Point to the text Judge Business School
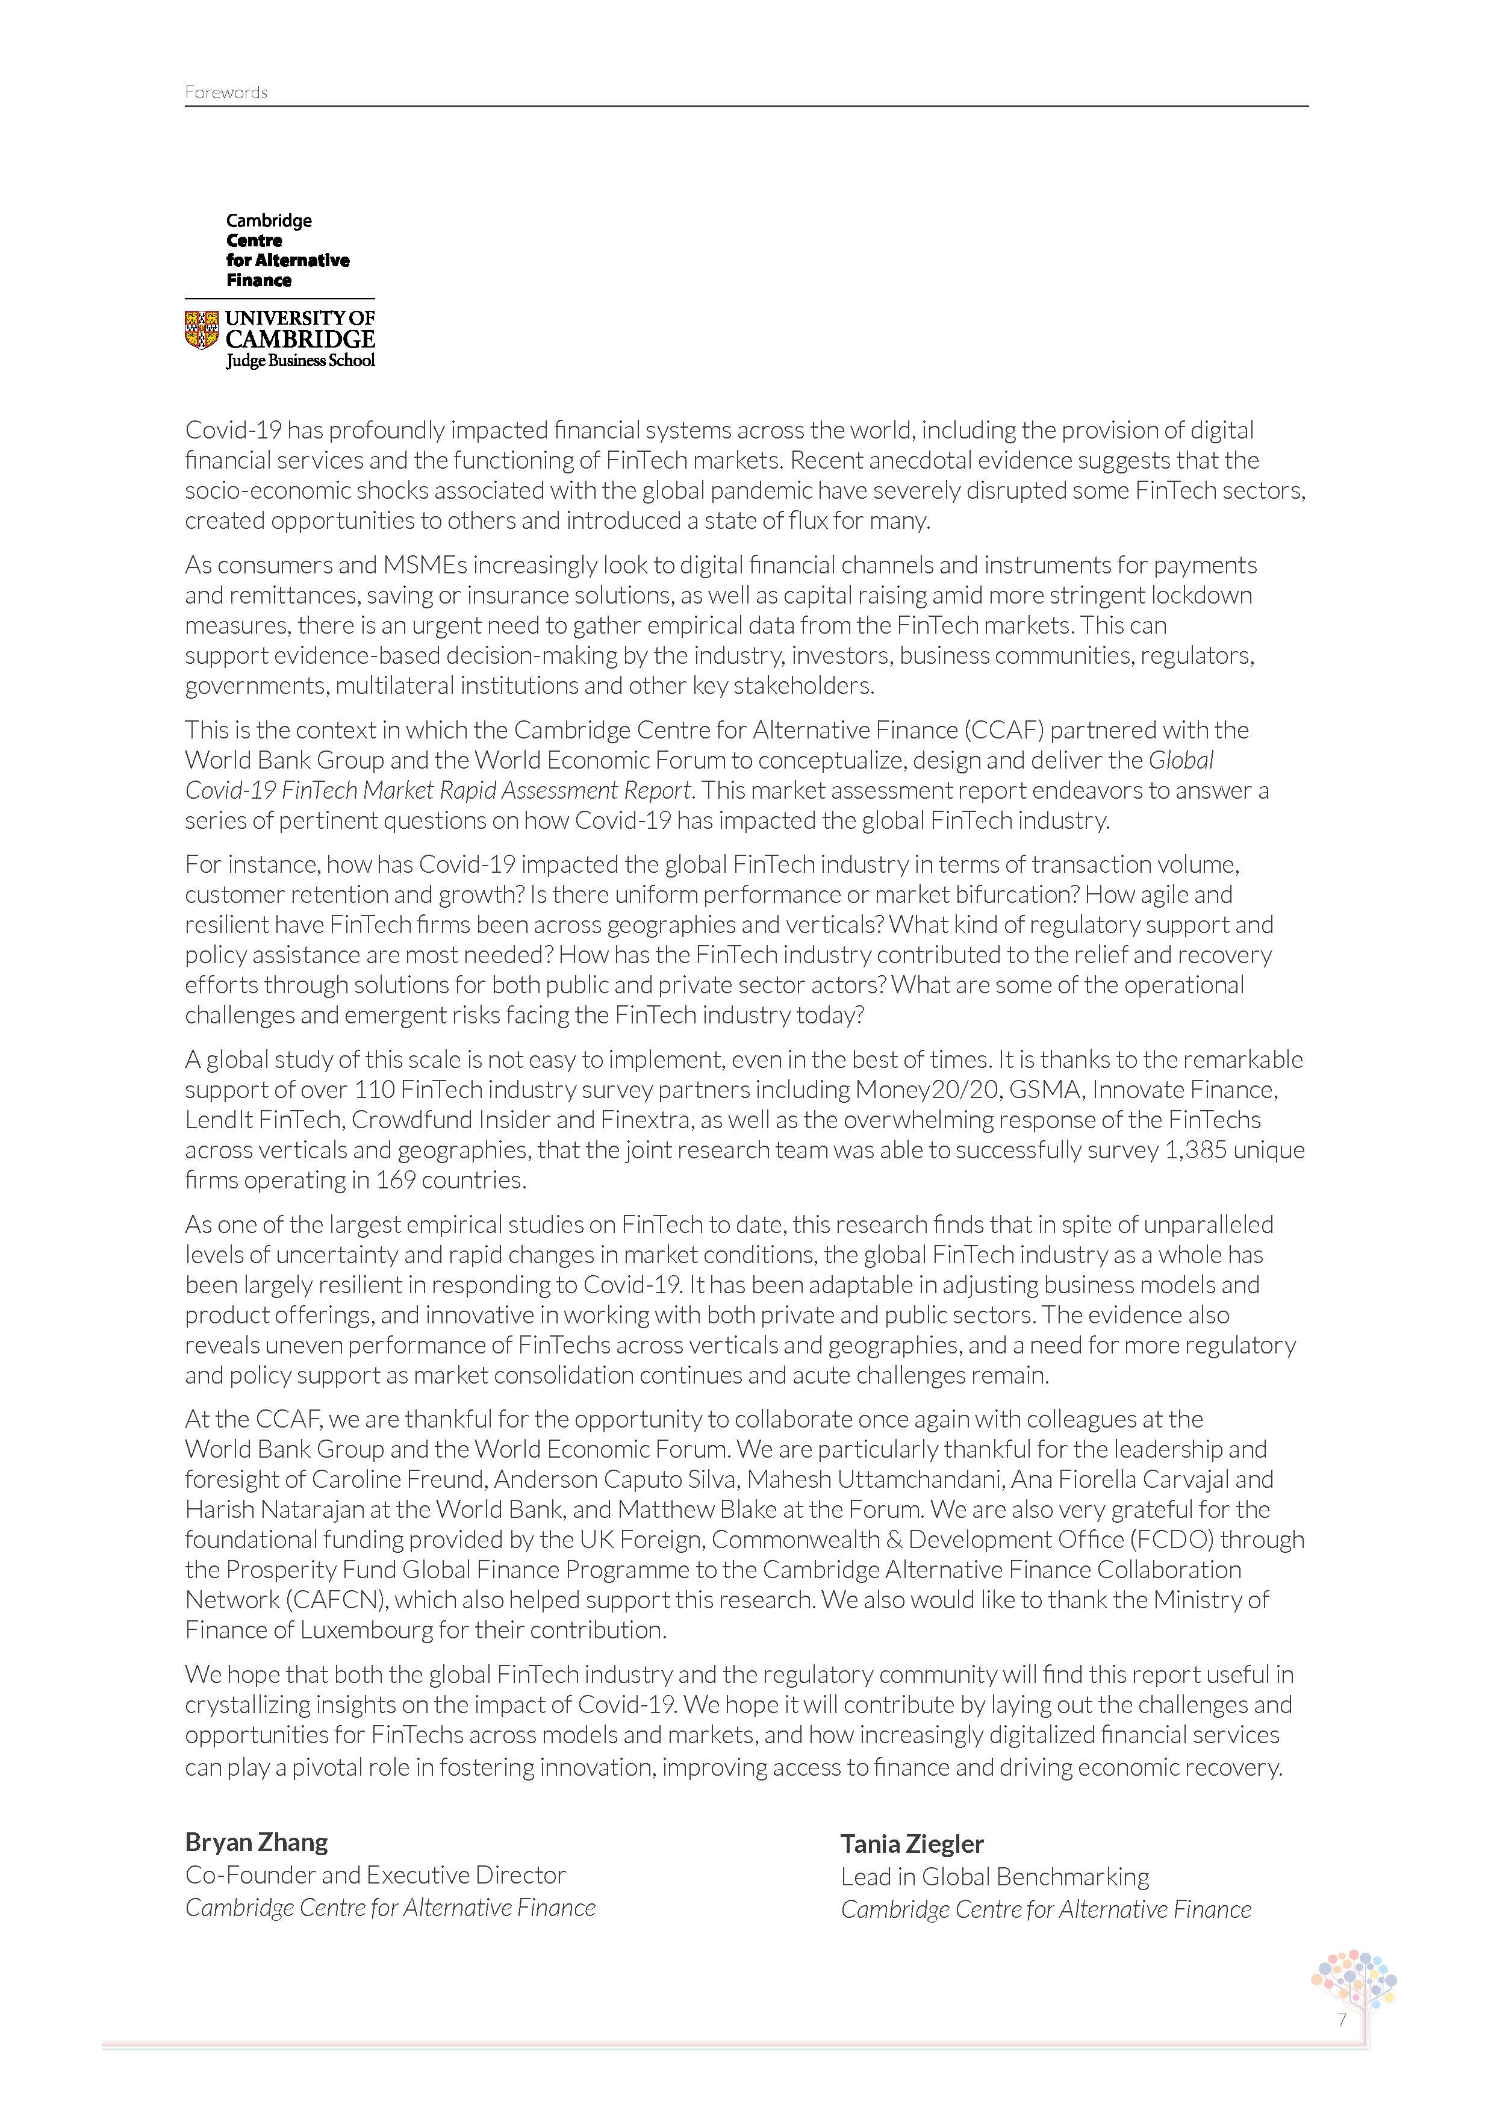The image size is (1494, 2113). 301,361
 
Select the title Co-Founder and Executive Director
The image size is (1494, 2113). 375,1874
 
